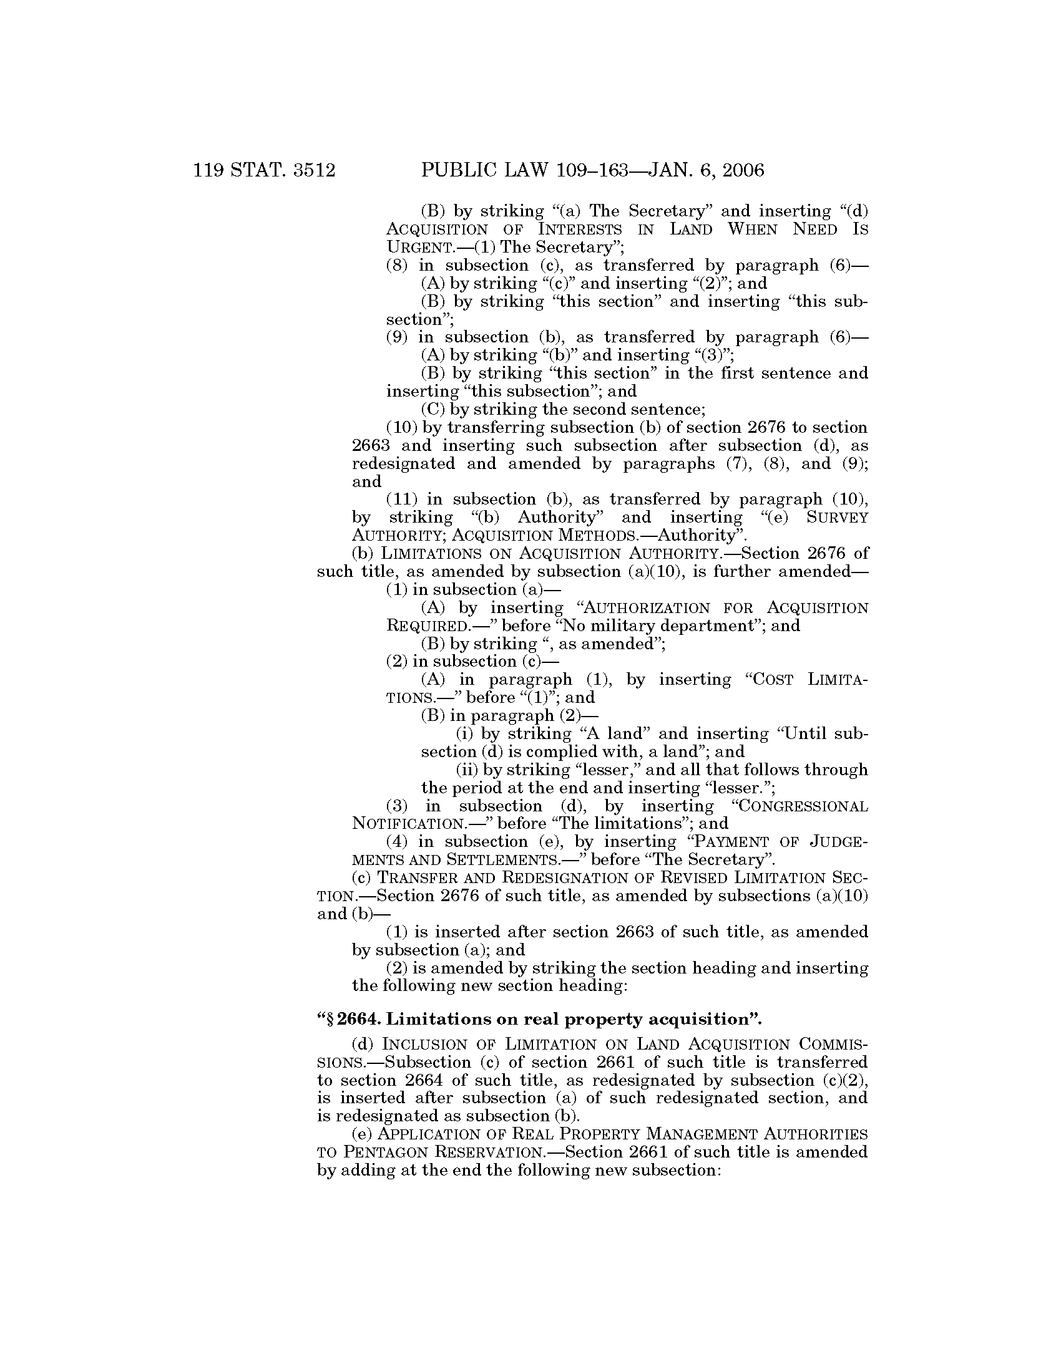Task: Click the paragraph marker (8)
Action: coord(396,265)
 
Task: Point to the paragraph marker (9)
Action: coord(396,337)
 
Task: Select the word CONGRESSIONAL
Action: coord(806,806)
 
